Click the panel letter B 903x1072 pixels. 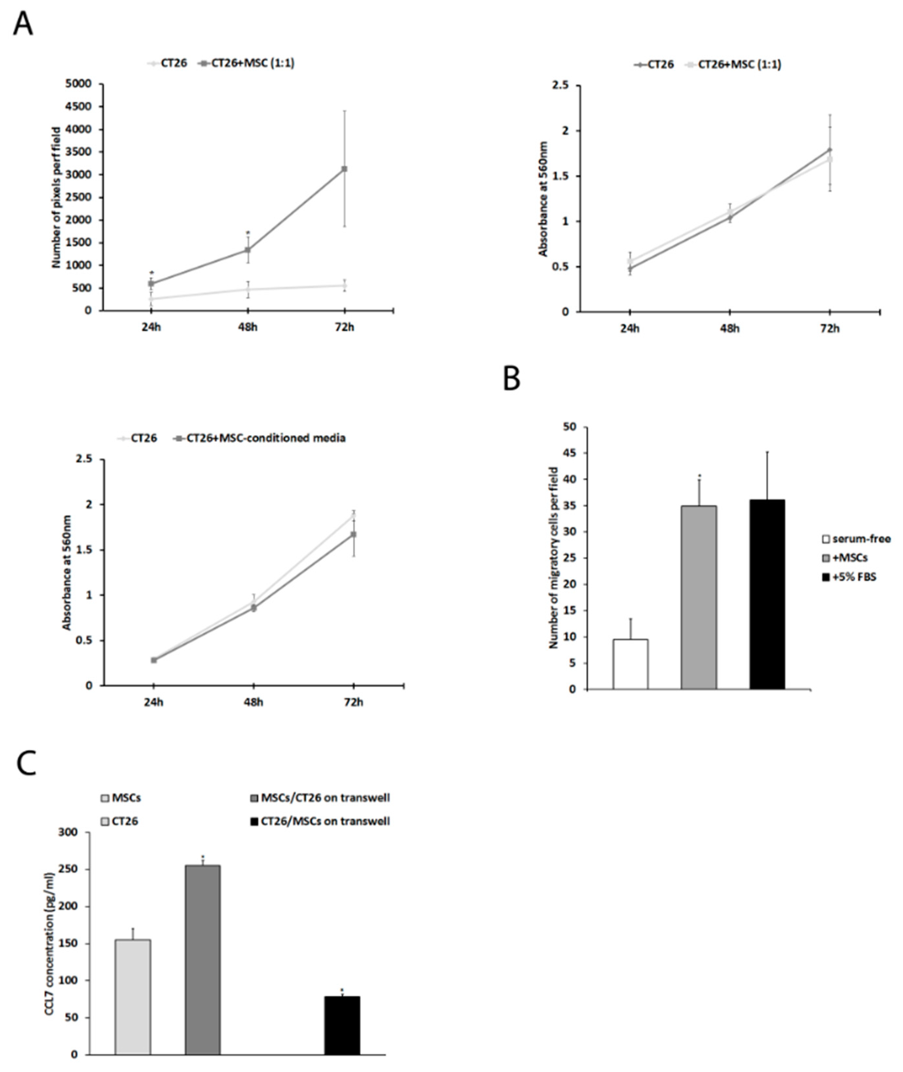point(512,380)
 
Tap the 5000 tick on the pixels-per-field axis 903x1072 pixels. point(84,84)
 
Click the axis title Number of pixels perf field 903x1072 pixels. point(56,197)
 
